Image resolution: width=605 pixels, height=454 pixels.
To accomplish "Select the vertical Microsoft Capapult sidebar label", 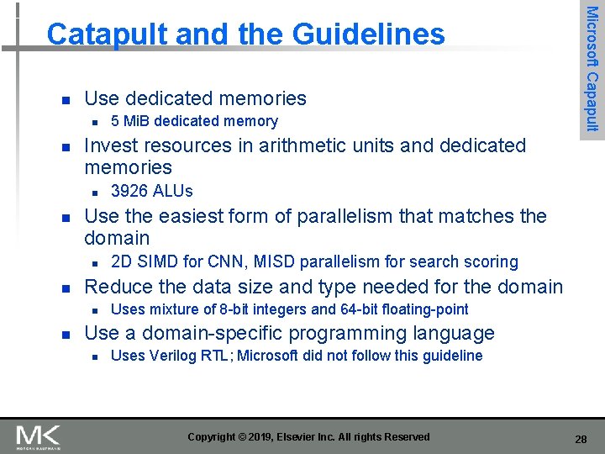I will [x=592, y=68].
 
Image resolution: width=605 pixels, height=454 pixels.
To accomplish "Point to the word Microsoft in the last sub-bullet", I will [x=268, y=356].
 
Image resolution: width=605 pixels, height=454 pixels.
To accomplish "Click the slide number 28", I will [x=581, y=439].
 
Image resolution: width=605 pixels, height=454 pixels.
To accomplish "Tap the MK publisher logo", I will [x=38, y=436].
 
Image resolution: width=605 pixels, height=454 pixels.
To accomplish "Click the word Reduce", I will [x=117, y=287].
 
